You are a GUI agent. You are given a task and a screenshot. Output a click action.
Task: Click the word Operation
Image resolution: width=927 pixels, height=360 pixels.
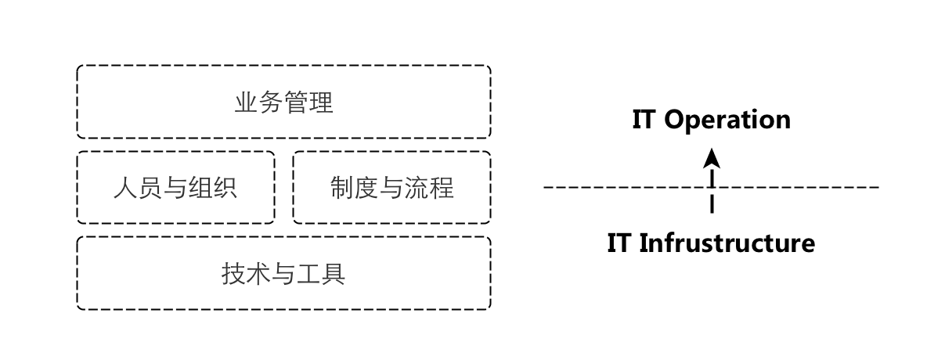tap(727, 120)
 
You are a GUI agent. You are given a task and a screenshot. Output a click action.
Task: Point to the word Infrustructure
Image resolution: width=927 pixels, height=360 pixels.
tap(727, 243)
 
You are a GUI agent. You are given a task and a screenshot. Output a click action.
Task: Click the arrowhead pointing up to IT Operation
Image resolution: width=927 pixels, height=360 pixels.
tap(712, 158)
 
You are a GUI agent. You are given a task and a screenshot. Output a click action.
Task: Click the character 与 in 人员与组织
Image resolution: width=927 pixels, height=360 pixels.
tap(175, 188)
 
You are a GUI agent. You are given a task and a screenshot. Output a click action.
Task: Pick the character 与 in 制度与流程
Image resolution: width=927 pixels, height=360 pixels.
tap(391, 188)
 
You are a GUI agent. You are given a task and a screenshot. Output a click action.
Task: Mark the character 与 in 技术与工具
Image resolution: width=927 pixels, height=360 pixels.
tap(283, 274)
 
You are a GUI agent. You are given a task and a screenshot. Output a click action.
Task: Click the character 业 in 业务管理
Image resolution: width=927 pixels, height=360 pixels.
tap(247, 103)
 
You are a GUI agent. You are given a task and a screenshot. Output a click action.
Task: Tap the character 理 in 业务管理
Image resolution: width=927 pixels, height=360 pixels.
tap(321, 103)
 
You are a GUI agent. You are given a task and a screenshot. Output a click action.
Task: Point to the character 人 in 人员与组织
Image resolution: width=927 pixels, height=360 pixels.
tap(125, 188)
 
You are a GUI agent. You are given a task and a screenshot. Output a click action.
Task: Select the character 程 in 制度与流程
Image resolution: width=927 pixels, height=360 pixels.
tap(441, 188)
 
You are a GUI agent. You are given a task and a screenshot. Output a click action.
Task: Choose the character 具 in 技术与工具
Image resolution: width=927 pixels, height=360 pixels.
tap(334, 274)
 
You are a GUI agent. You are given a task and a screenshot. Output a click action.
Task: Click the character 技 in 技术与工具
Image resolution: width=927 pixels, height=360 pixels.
tap(234, 274)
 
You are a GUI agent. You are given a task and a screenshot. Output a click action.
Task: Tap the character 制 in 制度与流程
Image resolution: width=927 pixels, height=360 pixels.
tap(341, 188)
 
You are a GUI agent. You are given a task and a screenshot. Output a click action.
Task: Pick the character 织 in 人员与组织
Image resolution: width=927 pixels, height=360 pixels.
tap(225, 188)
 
